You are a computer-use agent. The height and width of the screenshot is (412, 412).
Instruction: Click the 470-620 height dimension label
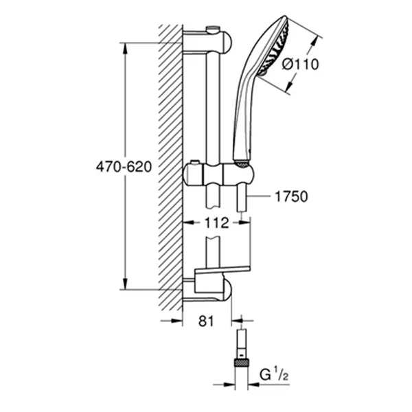124,167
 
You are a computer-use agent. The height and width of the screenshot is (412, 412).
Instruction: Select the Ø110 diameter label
301,65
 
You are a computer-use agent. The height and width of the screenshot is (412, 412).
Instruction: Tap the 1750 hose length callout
291,196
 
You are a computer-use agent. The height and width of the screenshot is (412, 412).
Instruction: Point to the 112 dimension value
216,222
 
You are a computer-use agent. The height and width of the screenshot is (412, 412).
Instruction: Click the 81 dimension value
206,321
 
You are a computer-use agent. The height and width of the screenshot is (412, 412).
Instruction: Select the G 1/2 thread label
274,375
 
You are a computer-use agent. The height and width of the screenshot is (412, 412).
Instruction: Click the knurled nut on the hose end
242,363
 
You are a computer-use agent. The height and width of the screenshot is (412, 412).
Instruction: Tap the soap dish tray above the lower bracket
222,271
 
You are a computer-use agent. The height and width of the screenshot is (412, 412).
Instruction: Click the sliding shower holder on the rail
218,174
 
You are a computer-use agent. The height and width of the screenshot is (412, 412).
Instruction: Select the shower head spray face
273,47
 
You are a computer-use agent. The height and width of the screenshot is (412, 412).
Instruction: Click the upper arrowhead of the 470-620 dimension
126,48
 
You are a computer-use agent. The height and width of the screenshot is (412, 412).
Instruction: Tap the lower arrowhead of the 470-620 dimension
126,284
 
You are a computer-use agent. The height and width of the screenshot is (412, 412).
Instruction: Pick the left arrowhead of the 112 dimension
188,222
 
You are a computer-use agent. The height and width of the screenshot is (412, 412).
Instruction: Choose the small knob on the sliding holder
195,162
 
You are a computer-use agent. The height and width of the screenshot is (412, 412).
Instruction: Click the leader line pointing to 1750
259,196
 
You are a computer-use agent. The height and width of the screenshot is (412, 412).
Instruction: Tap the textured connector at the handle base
242,163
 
